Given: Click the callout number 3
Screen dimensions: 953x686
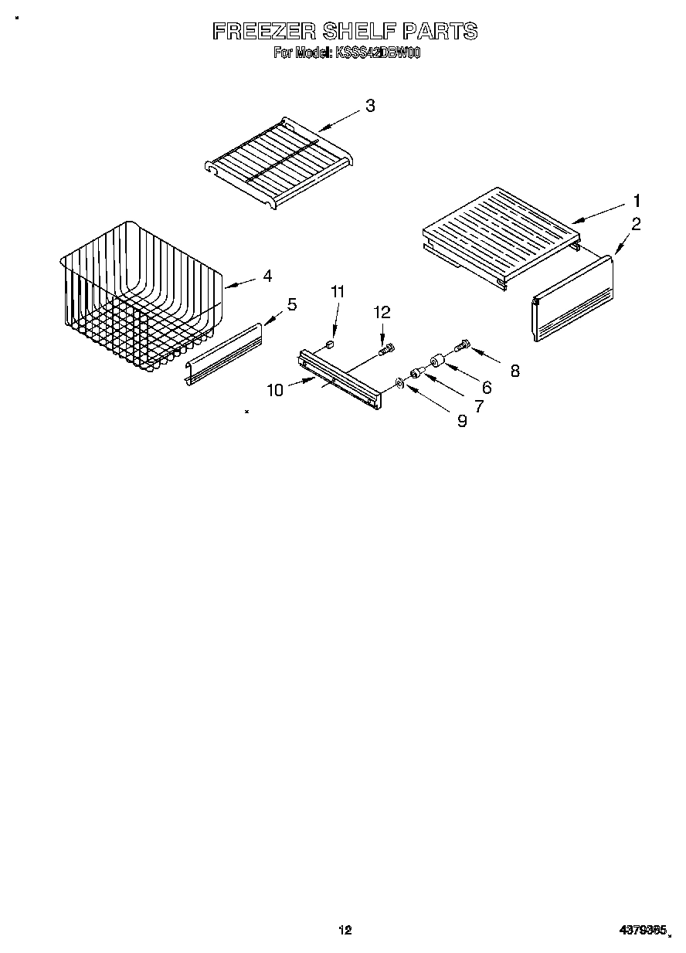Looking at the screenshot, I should tap(370, 106).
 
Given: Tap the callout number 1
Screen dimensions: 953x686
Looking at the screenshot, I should tap(637, 201).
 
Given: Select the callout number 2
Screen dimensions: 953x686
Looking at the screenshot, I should tap(636, 225).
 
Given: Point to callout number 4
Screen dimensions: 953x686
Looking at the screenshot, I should tap(267, 275).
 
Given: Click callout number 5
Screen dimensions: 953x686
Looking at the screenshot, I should tap(291, 304).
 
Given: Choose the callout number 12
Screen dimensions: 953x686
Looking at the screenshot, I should tap(382, 312).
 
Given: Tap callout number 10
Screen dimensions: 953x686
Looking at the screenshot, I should tap(275, 390).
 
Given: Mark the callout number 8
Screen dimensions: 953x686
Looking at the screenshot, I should tap(514, 371).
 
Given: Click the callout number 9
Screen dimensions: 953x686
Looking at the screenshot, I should tap(462, 421).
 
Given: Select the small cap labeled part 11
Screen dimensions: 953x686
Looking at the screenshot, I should tap(331, 344).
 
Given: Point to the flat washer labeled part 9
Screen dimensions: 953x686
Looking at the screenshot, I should tap(399, 383).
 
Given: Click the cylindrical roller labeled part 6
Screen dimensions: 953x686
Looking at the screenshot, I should tap(436, 360).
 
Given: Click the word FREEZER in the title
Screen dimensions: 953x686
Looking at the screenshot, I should tap(263, 31).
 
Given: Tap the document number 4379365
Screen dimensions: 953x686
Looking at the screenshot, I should tap(642, 931).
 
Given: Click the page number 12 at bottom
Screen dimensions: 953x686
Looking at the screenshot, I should tap(345, 931).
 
